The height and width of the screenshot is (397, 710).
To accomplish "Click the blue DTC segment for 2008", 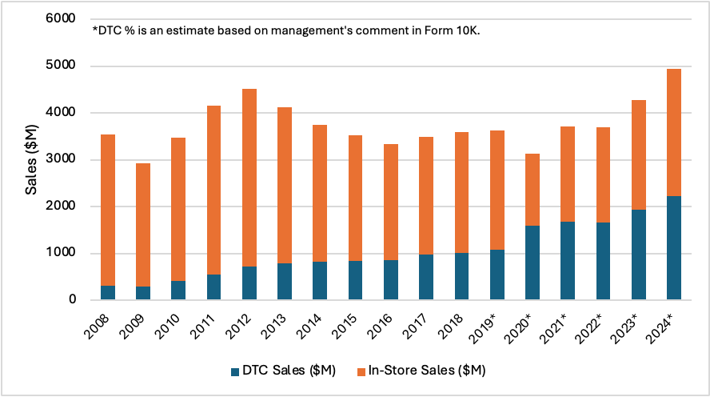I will point(108,292).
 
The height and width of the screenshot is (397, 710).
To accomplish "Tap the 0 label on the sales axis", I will point(72,300).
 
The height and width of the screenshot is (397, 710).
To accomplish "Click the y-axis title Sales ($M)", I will point(31,159).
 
